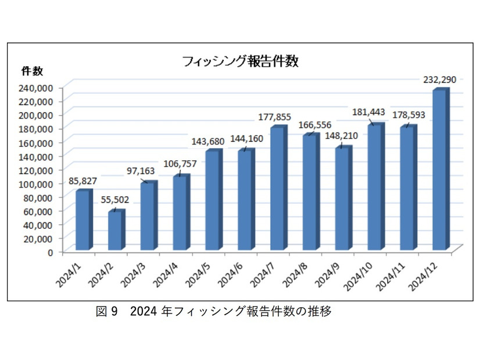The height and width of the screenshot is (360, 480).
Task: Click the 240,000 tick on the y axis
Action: pos(37,87)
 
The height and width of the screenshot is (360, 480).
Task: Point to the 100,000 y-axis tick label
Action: pos(37,183)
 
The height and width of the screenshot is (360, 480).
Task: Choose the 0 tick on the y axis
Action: pos(51,252)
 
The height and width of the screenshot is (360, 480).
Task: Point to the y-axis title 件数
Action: pos(32,71)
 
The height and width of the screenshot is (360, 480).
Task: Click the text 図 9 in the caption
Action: pos(107,312)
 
